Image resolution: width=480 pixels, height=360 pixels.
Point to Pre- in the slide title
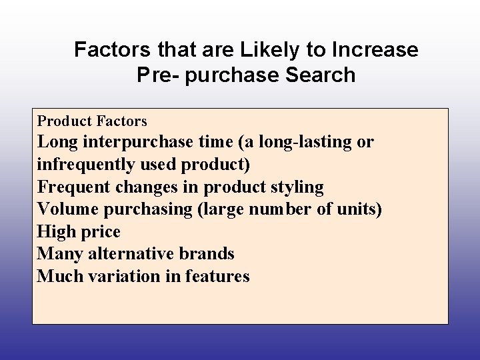pyautogui.click(x=158, y=75)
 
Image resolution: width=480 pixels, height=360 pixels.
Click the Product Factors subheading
pyautogui.click(x=92, y=121)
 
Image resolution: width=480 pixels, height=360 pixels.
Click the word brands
pyautogui.click(x=207, y=254)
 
